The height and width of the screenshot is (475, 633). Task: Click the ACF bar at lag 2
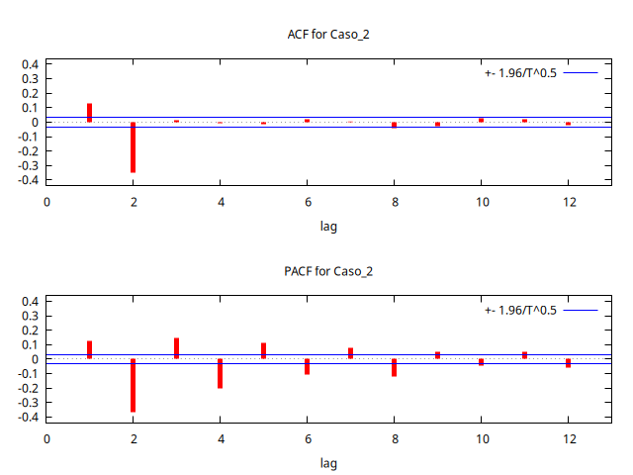(133, 147)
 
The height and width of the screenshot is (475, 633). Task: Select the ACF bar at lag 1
(89, 113)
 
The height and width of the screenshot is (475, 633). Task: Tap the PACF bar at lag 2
(133, 385)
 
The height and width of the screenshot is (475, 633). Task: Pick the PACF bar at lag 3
(176, 348)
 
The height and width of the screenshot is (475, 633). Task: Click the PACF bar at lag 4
(220, 373)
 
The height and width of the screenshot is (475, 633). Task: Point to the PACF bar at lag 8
(394, 367)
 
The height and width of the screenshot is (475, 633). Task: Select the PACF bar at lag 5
(263, 350)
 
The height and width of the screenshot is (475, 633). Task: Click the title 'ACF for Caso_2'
(328, 35)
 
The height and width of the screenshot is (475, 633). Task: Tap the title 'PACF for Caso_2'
(328, 271)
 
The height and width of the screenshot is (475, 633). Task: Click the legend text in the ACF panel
(520, 73)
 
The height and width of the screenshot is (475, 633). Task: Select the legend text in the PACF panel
(520, 310)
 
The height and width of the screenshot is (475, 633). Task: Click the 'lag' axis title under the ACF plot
(328, 227)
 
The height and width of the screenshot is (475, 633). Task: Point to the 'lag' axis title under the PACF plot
(328, 463)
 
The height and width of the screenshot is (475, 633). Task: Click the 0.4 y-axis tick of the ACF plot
(30, 64)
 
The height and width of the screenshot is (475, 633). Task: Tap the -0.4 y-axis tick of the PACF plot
(28, 417)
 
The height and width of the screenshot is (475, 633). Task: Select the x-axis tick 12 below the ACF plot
(568, 202)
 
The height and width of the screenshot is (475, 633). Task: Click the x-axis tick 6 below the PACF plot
(307, 438)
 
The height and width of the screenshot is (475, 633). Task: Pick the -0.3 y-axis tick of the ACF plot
(28, 166)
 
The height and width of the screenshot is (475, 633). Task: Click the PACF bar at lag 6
(307, 366)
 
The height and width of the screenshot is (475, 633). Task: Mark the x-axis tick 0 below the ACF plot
(46, 202)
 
